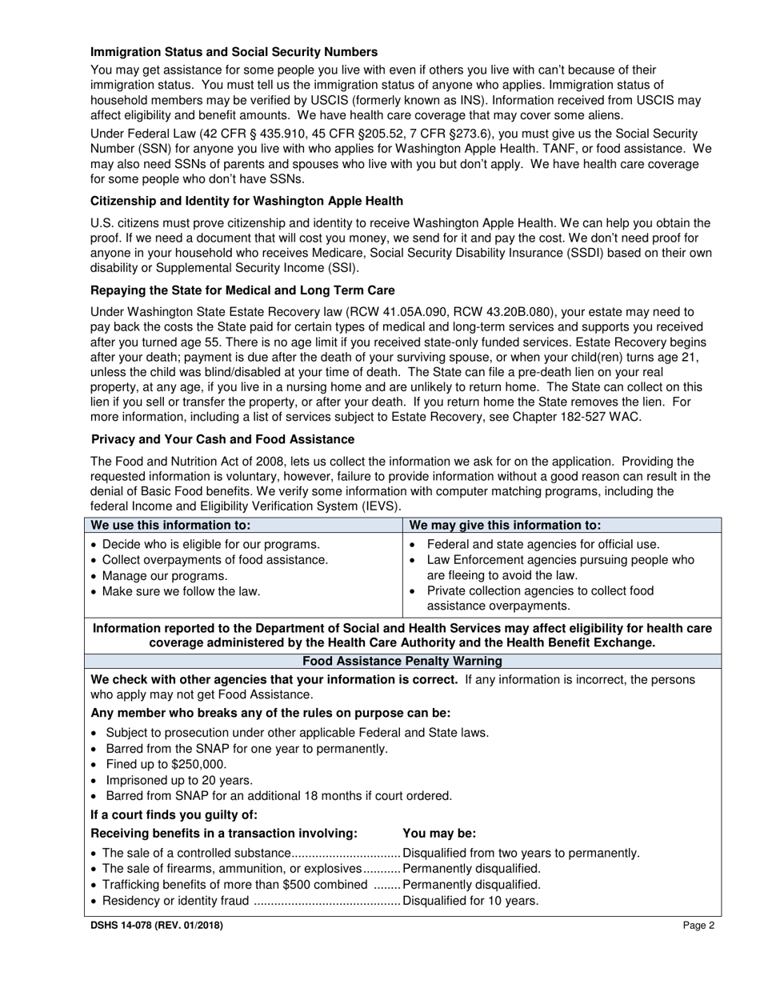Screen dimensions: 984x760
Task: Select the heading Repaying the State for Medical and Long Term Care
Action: (x=242, y=290)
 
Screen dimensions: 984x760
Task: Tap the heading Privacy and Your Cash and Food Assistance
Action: (x=223, y=439)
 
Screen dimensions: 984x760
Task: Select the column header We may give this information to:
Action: (x=505, y=526)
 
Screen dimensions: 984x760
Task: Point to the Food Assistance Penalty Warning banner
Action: (x=402, y=661)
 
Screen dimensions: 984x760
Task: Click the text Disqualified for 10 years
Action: (x=470, y=901)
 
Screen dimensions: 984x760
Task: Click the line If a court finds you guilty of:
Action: (x=174, y=815)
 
